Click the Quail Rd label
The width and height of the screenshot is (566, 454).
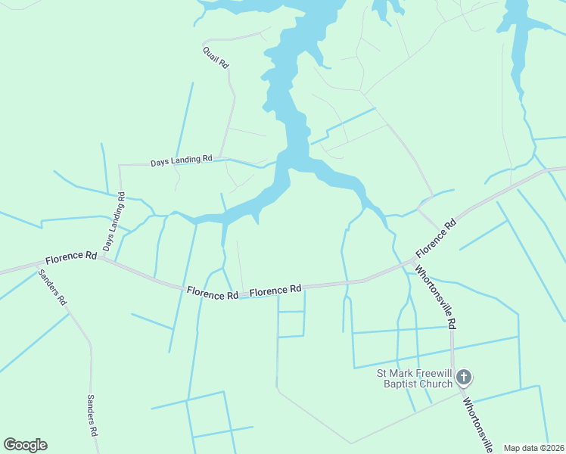point(215,58)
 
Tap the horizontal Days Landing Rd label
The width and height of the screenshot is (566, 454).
point(181,161)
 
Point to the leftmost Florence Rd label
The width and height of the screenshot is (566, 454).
point(70,257)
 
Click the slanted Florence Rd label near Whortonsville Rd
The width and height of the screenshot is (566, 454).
point(437,238)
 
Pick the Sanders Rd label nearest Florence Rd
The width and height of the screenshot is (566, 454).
point(53,287)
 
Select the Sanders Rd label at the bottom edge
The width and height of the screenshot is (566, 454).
point(92,415)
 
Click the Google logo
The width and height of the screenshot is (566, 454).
point(25,445)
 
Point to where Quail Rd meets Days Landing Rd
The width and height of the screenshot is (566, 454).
point(220,160)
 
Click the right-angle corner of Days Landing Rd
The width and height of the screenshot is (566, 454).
point(120,165)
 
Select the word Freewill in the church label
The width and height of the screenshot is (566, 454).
point(431,372)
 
